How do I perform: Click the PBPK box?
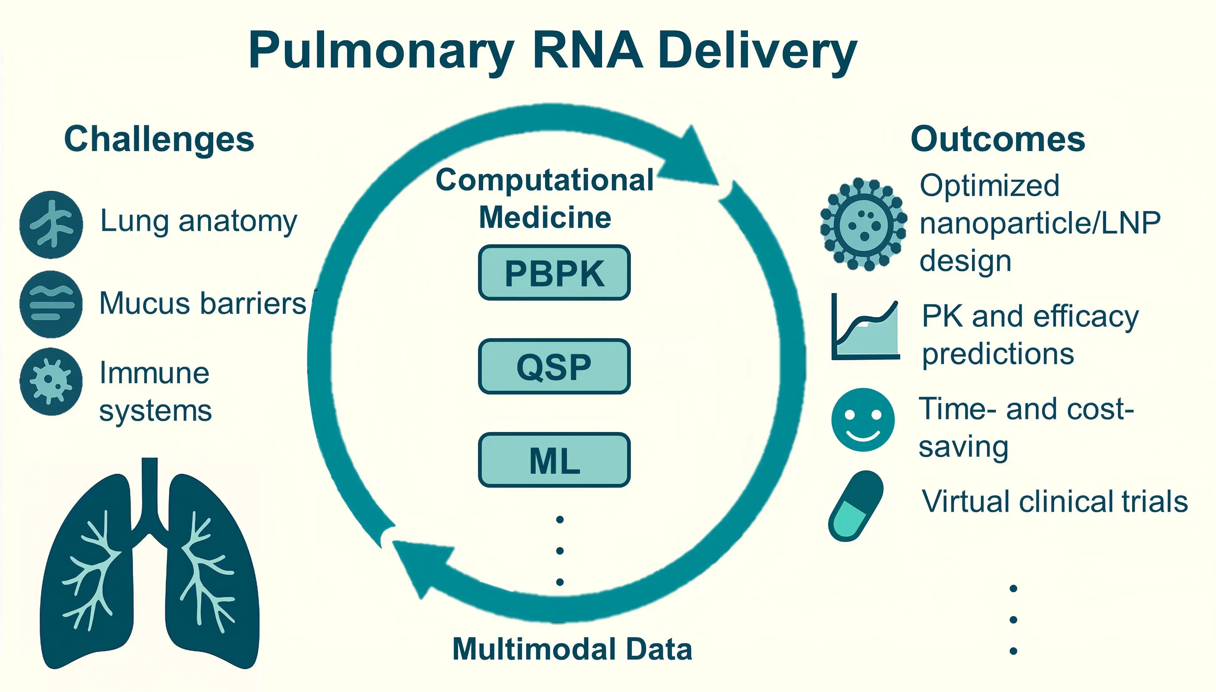[554, 273]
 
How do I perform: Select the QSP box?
[554, 366]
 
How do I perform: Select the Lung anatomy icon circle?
[51, 224]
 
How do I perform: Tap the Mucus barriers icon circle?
[51, 304]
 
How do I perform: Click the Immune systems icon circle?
[51, 382]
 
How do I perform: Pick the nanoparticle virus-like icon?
[863, 224]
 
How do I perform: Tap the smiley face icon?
[863, 420]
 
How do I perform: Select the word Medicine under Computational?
[545, 218]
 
